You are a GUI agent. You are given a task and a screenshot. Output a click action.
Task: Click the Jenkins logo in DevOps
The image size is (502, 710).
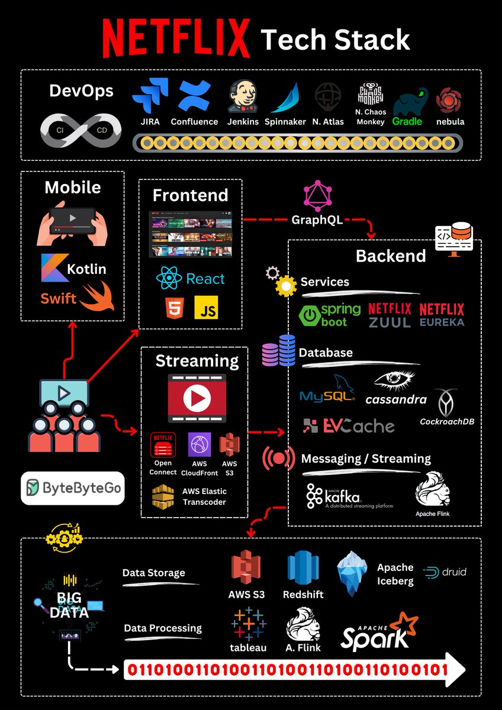click(243, 96)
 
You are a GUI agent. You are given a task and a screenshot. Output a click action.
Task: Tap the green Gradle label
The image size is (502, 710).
click(407, 121)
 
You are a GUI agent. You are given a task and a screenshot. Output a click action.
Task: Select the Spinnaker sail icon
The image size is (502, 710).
click(285, 98)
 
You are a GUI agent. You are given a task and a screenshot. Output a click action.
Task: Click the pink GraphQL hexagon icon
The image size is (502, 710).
click(317, 196)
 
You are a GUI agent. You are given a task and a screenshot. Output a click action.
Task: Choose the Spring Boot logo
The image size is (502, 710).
click(331, 315)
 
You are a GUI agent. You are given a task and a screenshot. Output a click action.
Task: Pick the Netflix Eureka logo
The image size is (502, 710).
click(442, 315)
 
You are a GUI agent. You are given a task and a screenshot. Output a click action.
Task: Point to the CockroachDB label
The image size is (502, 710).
click(447, 422)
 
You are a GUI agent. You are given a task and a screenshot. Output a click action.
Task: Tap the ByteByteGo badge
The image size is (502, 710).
click(72, 488)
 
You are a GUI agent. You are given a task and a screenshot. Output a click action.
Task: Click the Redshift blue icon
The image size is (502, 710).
click(303, 567)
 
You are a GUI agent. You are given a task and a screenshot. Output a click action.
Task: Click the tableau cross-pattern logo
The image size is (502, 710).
click(248, 624)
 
